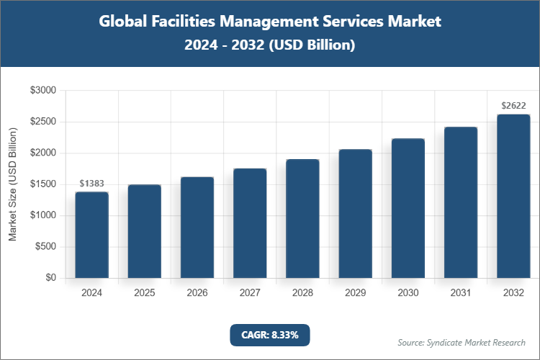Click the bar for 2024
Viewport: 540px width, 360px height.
click(x=91, y=235)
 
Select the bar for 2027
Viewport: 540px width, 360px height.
click(x=250, y=223)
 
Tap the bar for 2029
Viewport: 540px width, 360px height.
click(x=355, y=214)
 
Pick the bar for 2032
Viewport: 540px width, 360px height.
click(x=513, y=196)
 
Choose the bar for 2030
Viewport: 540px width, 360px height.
click(x=408, y=208)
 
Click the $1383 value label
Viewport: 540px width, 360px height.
click(x=91, y=184)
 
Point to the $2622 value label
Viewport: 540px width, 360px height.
click(x=513, y=106)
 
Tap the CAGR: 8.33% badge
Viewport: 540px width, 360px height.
click(x=269, y=335)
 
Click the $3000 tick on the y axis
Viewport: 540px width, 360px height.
click(x=43, y=91)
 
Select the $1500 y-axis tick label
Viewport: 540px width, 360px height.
click(x=43, y=184)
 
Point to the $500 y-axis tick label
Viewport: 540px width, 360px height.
click(x=46, y=247)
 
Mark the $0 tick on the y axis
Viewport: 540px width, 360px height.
click(x=51, y=278)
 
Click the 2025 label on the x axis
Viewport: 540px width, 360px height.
click(x=144, y=293)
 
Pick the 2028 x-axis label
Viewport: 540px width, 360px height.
click(x=302, y=293)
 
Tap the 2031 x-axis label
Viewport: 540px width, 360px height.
click(x=461, y=293)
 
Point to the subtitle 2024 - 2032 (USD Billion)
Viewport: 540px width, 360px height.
click(x=269, y=45)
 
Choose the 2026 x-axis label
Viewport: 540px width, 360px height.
click(x=197, y=293)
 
